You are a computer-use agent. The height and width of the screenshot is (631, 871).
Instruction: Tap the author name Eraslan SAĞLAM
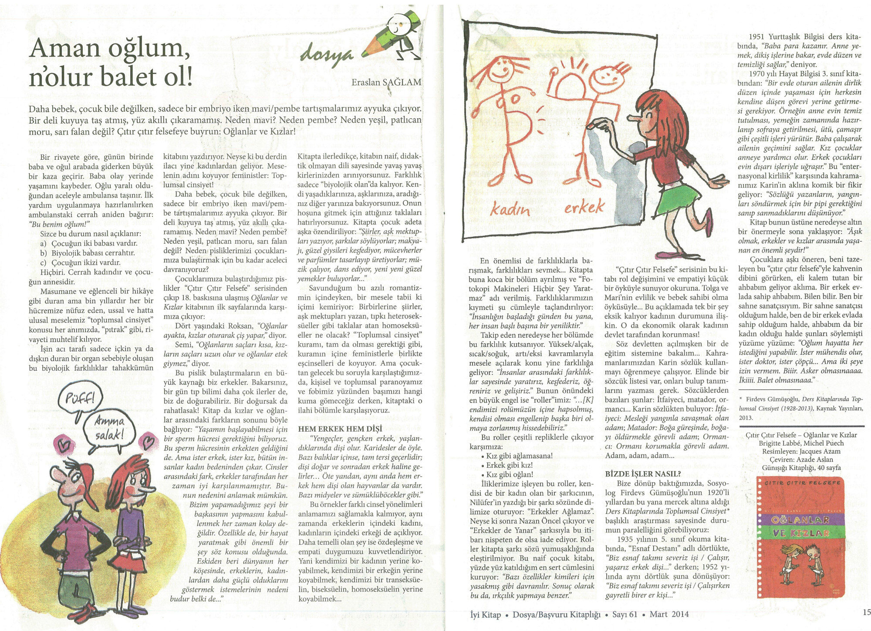(386, 82)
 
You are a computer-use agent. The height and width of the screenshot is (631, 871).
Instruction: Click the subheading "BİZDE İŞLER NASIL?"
(643, 473)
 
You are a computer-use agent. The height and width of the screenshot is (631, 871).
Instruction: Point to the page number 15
(866, 612)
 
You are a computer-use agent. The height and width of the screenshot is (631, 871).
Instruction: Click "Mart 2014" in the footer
(669, 614)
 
